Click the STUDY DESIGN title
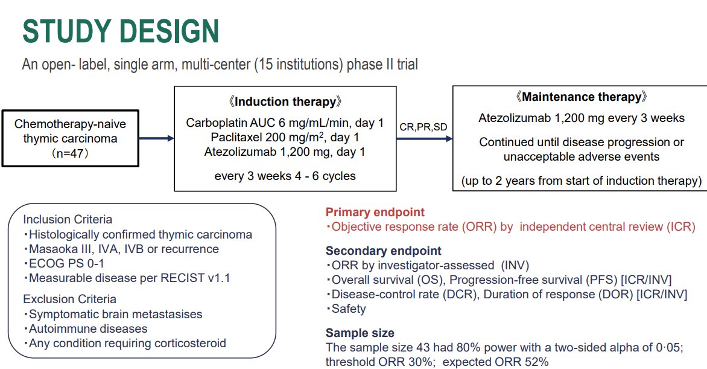pos(121,31)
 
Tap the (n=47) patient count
pos(71,153)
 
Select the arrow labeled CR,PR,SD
pos(424,139)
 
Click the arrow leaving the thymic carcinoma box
pos(156,138)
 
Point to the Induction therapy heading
pos(285,101)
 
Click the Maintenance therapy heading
pos(581,97)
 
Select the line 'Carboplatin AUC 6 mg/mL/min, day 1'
pos(285,123)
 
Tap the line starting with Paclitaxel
pos(285,137)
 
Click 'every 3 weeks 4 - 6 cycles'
pos(285,176)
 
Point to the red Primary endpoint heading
pos(375,212)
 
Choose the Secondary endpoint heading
pos(384,251)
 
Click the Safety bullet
pos(346,309)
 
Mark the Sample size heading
pos(360,333)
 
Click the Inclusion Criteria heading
pos(68,219)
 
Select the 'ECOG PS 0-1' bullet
pos(63,263)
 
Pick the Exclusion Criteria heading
pos(69,299)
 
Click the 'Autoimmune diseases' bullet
pos(85,329)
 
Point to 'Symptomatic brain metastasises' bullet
pos(113,315)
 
